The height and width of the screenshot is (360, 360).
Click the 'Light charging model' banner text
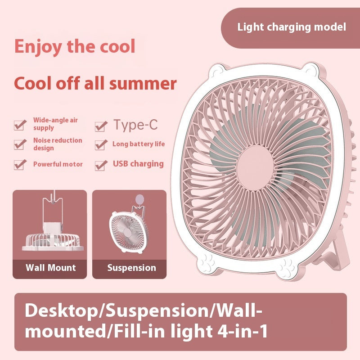pyautogui.click(x=292, y=27)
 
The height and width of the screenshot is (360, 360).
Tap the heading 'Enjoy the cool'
pyautogui.click(x=75, y=47)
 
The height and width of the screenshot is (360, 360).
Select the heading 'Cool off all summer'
pyautogui.click(x=95, y=83)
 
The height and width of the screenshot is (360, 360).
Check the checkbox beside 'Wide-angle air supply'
pyautogui.click(x=20, y=125)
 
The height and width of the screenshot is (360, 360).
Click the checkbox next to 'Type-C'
pyautogui.click(x=101, y=126)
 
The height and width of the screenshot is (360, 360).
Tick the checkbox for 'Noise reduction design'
pyautogui.click(x=20, y=144)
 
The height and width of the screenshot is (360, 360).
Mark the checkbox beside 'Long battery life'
pyautogui.click(x=101, y=145)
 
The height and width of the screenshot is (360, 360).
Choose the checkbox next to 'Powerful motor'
pyautogui.click(x=20, y=164)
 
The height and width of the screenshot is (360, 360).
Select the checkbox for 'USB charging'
pyautogui.click(x=101, y=165)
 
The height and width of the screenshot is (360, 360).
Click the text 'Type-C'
pyautogui.click(x=135, y=125)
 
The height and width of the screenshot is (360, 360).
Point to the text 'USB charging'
pyautogui.click(x=138, y=164)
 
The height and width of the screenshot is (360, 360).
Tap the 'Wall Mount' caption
pyautogui.click(x=51, y=268)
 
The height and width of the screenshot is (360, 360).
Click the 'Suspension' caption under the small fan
pyautogui.click(x=131, y=268)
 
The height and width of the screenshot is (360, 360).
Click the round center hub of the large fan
pyautogui.click(x=255, y=168)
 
